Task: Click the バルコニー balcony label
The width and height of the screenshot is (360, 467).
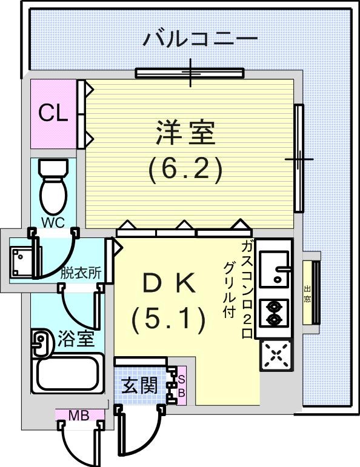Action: coord(200,39)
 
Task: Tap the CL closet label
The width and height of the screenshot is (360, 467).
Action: coord(53,113)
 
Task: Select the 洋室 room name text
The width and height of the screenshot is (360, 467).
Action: coord(185,132)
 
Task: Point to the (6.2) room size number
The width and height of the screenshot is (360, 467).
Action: coord(185,169)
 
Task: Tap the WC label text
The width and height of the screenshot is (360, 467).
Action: coord(53,222)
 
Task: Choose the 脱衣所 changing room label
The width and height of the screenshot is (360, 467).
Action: coord(81,273)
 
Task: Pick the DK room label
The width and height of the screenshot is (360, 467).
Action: coord(169,284)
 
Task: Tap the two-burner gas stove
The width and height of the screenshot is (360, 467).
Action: coord(274,313)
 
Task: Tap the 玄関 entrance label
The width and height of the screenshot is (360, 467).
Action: coord(139,386)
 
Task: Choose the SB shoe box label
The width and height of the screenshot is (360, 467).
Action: coord(181,386)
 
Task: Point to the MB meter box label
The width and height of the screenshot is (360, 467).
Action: coord(79,415)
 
